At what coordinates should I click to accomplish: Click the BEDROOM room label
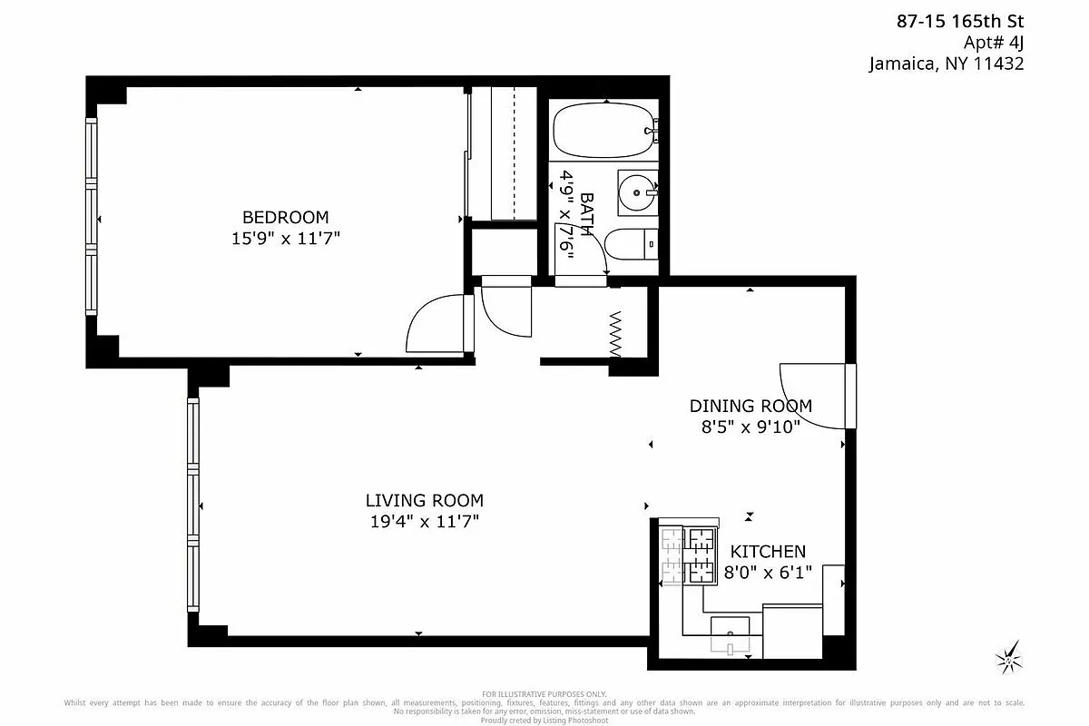[285, 217]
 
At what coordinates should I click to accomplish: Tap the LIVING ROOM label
[424, 500]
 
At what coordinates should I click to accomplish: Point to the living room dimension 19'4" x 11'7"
[424, 521]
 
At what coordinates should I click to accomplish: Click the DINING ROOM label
[751, 406]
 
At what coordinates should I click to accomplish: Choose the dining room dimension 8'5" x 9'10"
[751, 427]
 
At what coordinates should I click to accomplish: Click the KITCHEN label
[768, 551]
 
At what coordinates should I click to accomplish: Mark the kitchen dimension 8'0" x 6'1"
[768, 572]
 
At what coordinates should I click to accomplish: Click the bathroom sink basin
[638, 191]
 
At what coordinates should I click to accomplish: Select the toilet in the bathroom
[629, 244]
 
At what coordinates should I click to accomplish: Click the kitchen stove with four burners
[689, 554]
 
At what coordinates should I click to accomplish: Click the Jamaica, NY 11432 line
[947, 64]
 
